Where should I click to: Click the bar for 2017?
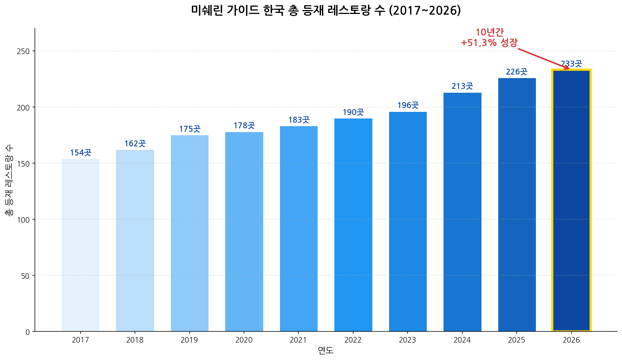click(81, 245)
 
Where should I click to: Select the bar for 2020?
click(244, 232)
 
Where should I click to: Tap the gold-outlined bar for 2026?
click(571, 200)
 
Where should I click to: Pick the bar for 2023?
click(408, 222)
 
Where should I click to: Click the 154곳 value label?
click(81, 153)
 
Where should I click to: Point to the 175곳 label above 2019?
click(190, 129)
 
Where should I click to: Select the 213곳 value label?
click(462, 86)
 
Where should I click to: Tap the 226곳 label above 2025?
click(516, 72)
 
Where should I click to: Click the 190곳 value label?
click(353, 112)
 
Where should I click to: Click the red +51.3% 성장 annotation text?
click(489, 43)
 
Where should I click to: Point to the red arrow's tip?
click(569, 69)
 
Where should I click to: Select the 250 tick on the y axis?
click(24, 51)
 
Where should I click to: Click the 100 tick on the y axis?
click(24, 220)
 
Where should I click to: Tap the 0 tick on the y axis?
click(28, 332)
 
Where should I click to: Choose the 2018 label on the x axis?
click(135, 340)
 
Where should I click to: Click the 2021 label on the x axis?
click(298, 340)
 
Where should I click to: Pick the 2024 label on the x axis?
click(462, 340)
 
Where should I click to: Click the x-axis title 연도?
click(326, 351)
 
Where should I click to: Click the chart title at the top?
click(326, 10)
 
